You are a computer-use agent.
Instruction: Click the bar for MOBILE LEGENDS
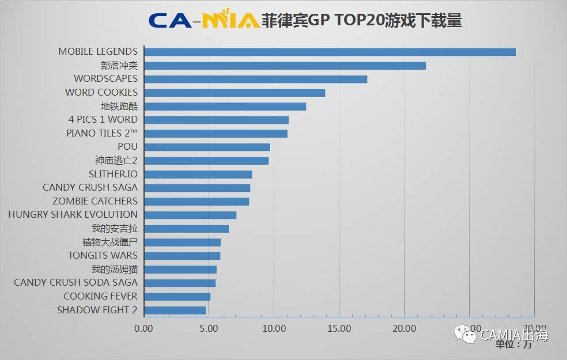pos(330,52)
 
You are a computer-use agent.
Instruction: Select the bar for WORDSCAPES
pos(255,79)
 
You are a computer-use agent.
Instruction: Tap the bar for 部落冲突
pos(285,66)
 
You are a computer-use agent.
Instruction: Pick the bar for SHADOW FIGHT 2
pos(175,310)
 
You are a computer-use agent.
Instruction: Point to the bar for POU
pos(207,147)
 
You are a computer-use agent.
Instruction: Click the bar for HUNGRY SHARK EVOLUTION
pos(190,215)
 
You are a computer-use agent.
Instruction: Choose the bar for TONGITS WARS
pos(182,256)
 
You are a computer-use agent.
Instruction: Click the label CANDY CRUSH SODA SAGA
pos(75,283)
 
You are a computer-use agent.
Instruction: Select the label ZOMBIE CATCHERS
pos(95,201)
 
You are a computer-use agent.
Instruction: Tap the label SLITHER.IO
pos(113,174)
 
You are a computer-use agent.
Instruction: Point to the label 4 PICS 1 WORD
pos(103,119)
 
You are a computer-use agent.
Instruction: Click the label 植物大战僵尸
pos(110,242)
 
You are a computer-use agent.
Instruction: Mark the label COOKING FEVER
pos(100,296)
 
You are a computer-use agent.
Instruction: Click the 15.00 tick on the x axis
pos(339,328)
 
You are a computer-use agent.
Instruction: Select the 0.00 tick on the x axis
pos(143,328)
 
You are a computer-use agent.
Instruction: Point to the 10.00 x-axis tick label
pos(274,328)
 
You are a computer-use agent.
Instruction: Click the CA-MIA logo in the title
pos(203,21)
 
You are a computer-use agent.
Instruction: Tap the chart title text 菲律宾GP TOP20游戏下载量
pos(361,21)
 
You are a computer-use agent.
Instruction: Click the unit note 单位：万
pos(513,344)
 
